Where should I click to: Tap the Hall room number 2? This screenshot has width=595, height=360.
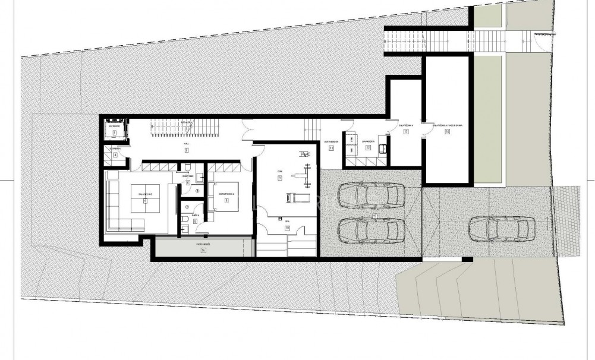pos(186,150)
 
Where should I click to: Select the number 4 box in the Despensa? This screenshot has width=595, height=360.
pos(115,154)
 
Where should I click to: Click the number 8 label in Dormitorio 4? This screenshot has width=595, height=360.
pos(226,200)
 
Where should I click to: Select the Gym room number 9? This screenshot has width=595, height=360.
pos(279,178)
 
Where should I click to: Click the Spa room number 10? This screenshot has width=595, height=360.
pos(286,228)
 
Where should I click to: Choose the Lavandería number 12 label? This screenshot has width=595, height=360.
pos(368,147)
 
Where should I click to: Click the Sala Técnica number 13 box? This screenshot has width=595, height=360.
pos(406,132)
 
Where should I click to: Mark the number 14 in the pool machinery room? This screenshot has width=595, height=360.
pos(446,132)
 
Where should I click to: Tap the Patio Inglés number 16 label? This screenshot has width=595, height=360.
pos(203,250)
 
